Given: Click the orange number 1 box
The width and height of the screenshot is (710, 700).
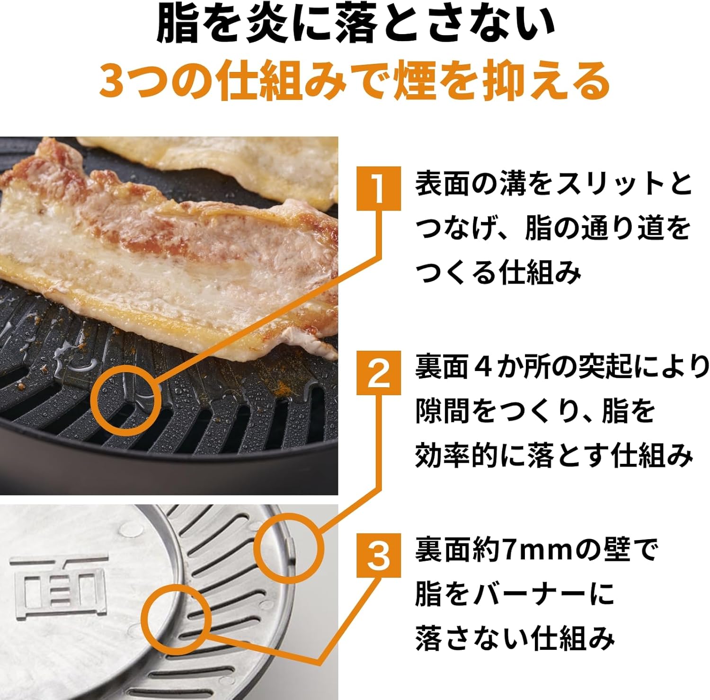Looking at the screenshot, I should tap(378, 188).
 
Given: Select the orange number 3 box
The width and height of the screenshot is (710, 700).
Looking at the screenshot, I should tap(378, 555).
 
